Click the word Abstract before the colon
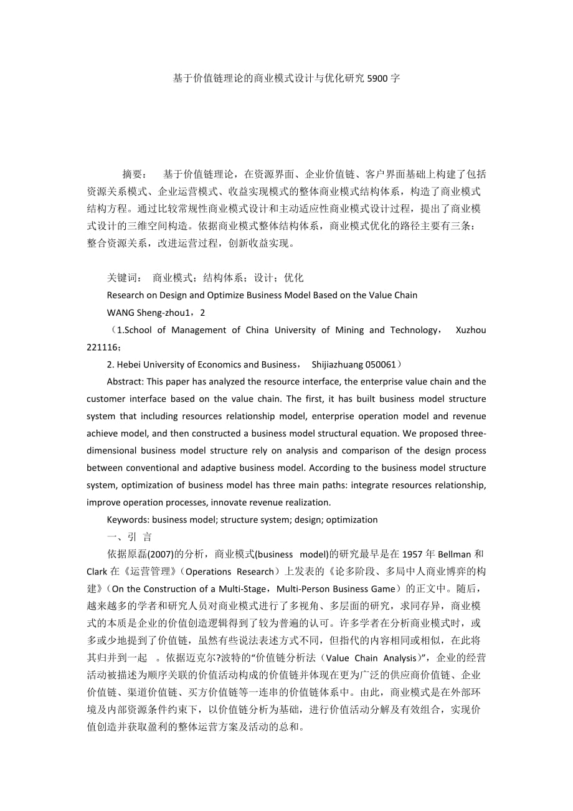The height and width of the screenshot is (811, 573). [125, 381]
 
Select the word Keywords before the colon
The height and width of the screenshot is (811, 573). [128, 519]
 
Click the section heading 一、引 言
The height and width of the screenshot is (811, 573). [129, 537]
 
